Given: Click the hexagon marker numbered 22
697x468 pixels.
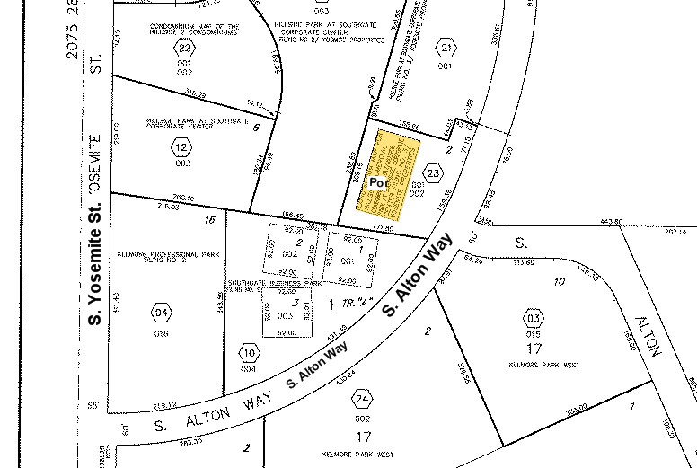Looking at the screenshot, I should click(186, 49).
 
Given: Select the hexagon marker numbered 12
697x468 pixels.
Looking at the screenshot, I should click(182, 148).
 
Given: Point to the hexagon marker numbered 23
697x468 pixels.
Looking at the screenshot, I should click(434, 172).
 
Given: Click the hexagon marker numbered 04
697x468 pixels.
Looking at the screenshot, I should click(161, 313).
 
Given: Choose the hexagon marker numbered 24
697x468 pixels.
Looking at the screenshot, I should click(362, 399).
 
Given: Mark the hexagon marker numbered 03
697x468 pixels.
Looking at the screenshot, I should click(534, 319).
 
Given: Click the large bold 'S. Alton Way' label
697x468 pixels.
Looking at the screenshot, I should click(416, 283).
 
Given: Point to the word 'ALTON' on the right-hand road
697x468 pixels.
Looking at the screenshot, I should click(648, 336).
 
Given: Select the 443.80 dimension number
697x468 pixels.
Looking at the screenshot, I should click(613, 222).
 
